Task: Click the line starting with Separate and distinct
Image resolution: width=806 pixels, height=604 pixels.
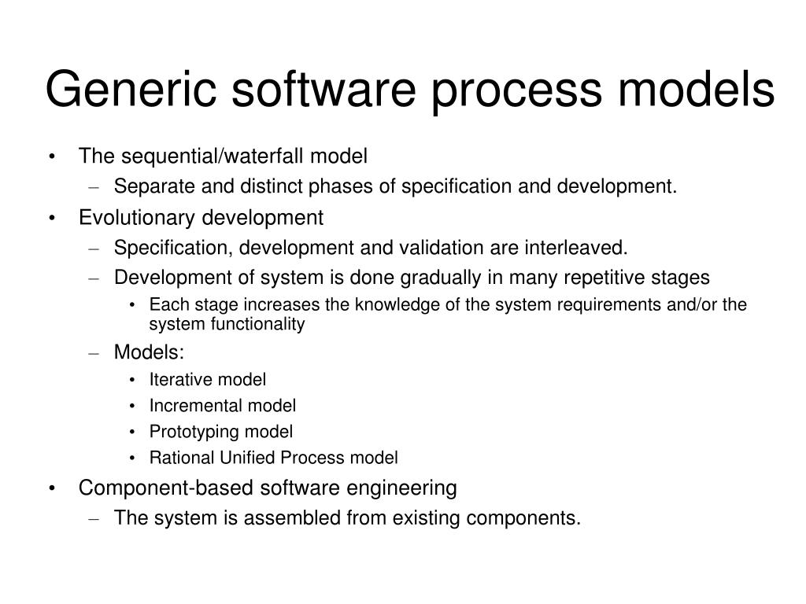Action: click(x=395, y=186)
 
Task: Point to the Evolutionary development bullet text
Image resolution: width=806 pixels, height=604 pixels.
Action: click(x=201, y=217)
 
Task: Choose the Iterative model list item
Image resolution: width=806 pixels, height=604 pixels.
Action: click(x=208, y=380)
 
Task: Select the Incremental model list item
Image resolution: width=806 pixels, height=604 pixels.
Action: click(x=223, y=406)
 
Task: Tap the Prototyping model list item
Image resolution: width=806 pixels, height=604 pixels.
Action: click(x=221, y=432)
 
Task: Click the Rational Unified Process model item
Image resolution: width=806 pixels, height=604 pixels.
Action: click(x=273, y=458)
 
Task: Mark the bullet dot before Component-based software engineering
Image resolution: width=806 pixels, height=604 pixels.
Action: click(x=52, y=489)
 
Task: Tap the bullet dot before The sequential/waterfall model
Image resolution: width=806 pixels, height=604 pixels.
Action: click(x=52, y=157)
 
